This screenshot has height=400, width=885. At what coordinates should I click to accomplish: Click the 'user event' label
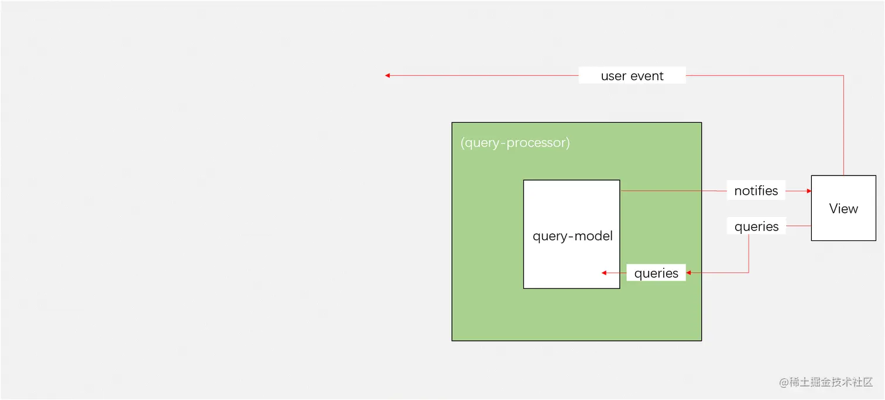[x=632, y=75]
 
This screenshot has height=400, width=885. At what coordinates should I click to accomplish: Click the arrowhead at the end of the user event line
[x=387, y=75]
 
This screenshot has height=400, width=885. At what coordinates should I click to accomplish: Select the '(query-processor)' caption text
[x=515, y=143]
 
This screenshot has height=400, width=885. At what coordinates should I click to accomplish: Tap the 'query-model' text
[x=572, y=236]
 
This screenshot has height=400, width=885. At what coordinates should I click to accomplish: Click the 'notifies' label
[x=756, y=191]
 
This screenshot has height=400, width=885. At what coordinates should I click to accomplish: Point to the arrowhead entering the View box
[x=808, y=191]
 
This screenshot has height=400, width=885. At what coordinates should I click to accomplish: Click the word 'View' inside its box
[x=843, y=209]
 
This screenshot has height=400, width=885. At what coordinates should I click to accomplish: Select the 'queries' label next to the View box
[x=756, y=227]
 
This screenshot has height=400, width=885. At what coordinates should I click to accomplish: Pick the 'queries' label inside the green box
[x=656, y=273]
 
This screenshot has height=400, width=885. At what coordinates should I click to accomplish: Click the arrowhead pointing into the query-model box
[x=605, y=273]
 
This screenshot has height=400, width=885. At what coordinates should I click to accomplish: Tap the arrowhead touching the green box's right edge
[x=689, y=273]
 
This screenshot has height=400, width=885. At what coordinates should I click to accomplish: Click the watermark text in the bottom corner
[x=826, y=382]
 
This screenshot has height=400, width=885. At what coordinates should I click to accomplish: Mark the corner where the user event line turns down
[x=843, y=75]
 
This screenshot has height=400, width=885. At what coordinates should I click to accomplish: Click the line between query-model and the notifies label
[x=673, y=191]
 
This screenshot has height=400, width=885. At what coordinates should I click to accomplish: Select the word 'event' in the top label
[x=648, y=75]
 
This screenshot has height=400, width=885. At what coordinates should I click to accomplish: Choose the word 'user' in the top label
[x=613, y=76]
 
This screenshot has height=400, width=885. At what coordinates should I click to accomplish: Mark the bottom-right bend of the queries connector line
[x=749, y=273]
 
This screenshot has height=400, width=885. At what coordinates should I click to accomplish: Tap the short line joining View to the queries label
[x=798, y=226]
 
